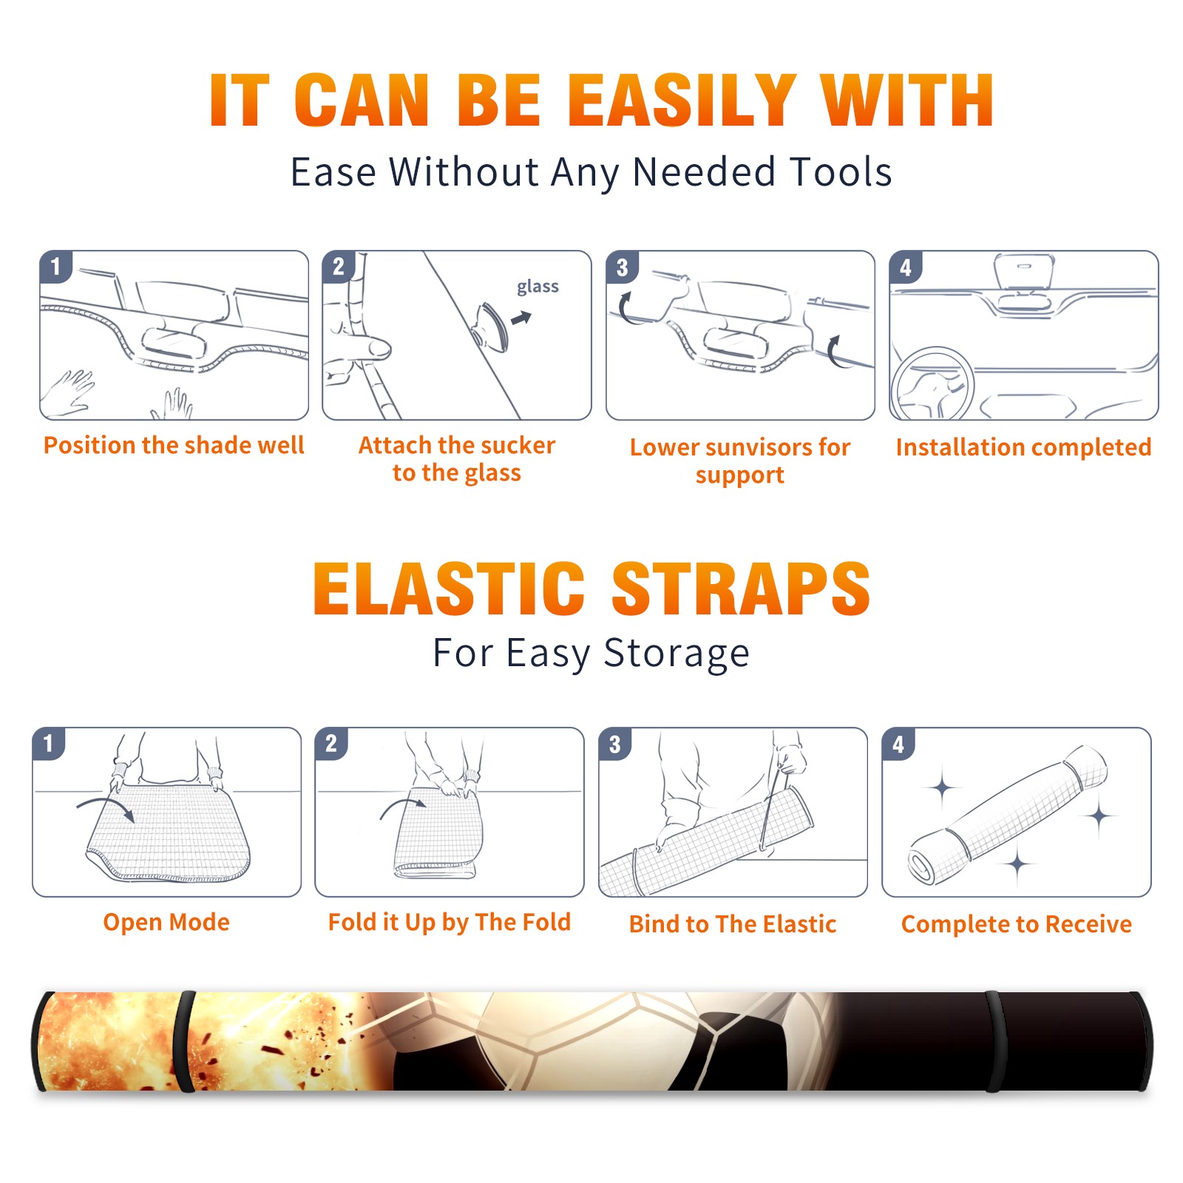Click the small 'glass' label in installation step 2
[538, 287]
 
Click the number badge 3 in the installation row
[622, 267]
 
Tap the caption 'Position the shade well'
[174, 445]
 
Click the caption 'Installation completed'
[1023, 447]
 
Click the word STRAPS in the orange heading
[741, 589]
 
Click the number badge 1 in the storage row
[49, 743]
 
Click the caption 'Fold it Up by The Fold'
[450, 922]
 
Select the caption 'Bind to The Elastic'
[733, 924]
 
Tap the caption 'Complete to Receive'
[1017, 924]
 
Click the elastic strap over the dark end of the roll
[995, 1042]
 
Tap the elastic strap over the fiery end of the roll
[185, 1042]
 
